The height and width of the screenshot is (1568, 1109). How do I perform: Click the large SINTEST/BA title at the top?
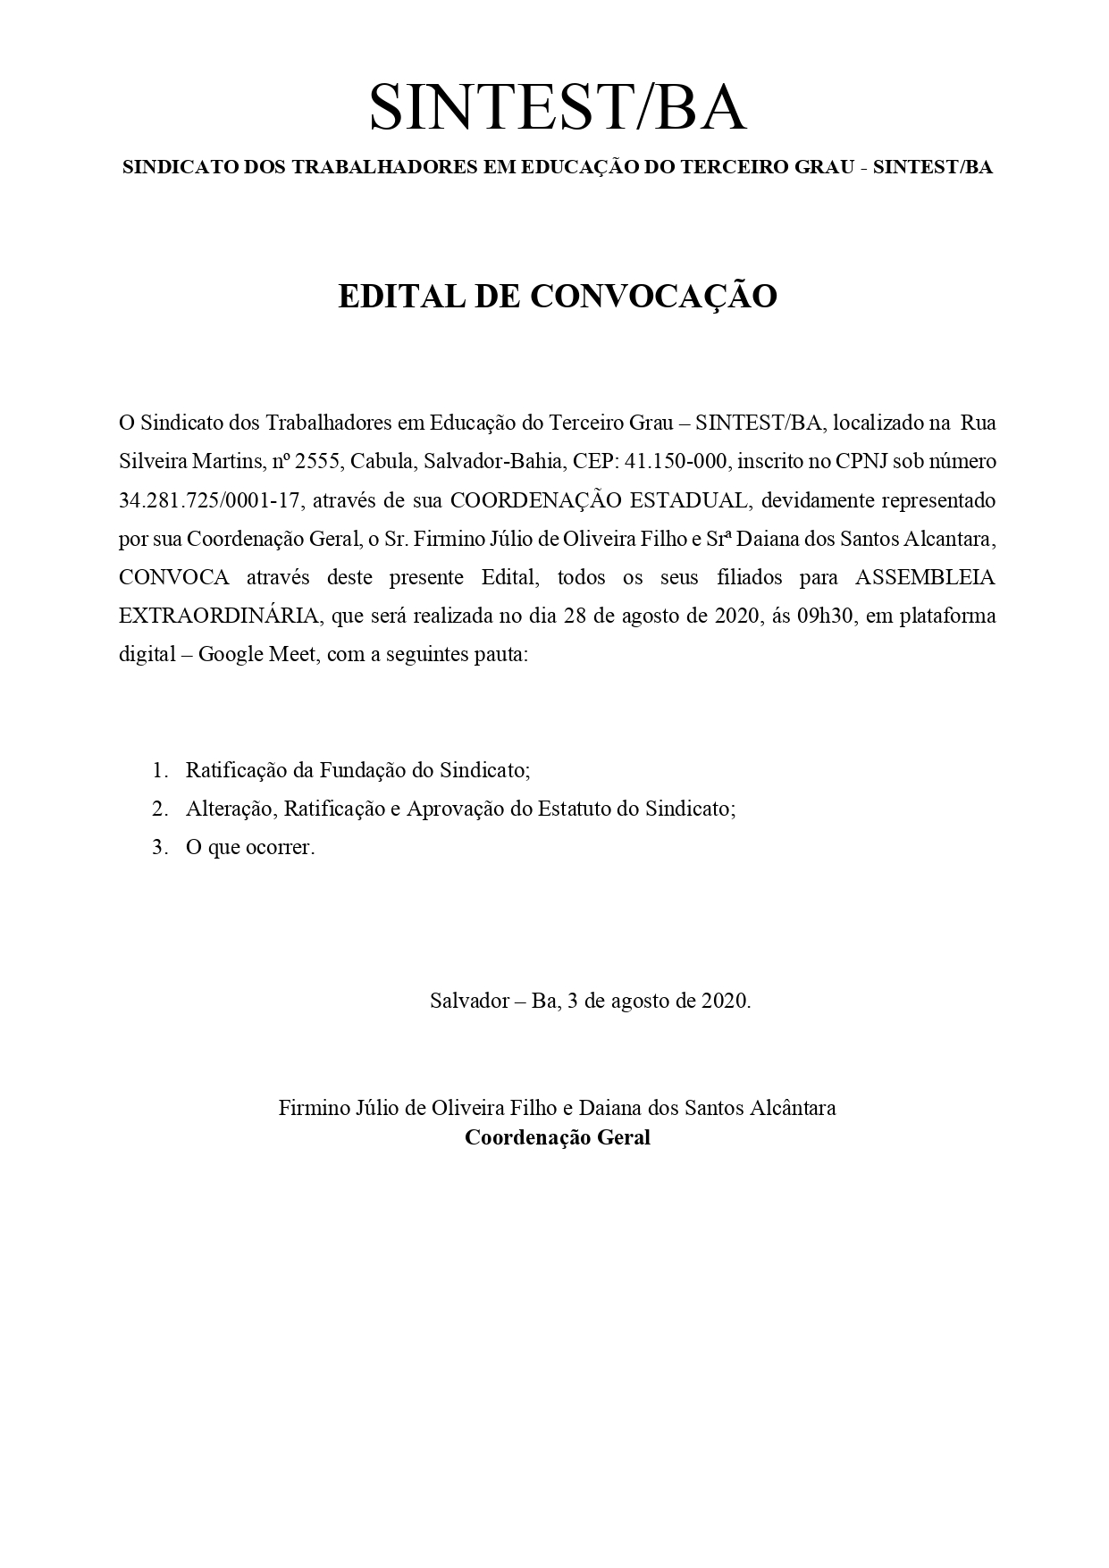(557, 107)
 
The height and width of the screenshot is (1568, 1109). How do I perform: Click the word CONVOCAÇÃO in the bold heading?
(653, 297)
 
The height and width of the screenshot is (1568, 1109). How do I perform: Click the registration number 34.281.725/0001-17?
(209, 500)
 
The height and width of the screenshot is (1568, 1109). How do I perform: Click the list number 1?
(160, 770)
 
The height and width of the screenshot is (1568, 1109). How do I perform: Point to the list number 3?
(160, 847)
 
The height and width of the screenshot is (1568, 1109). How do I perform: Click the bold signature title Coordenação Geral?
(557, 1138)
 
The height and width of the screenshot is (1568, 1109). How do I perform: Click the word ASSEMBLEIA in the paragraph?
(925, 577)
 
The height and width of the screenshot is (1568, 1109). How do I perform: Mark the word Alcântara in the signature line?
(791, 1108)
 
